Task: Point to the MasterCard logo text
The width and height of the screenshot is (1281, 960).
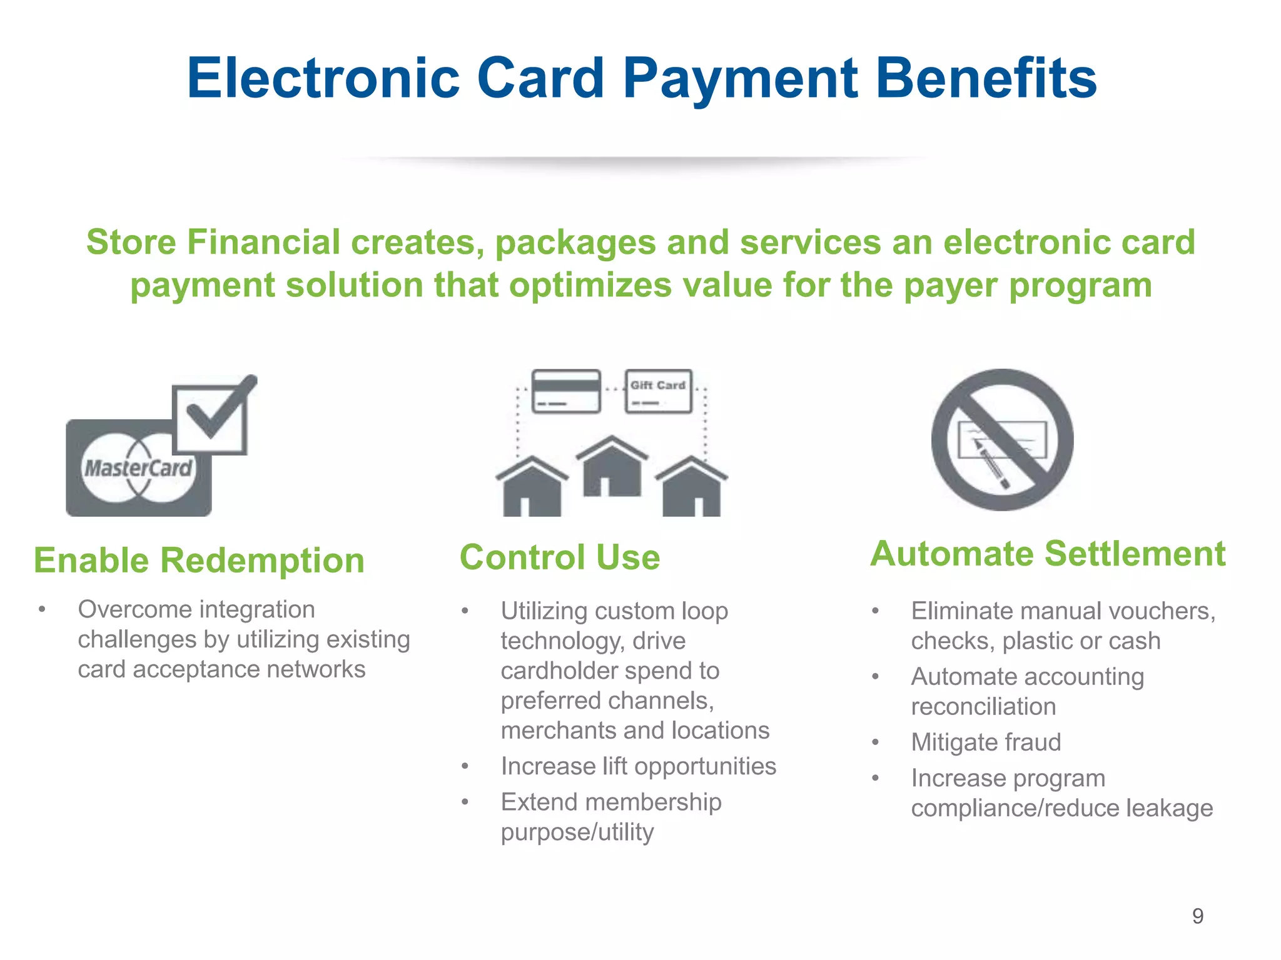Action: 138,468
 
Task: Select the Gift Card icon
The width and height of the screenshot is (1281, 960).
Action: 658,391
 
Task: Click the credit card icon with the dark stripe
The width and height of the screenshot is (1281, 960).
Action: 566,391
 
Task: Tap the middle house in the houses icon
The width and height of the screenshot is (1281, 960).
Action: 612,467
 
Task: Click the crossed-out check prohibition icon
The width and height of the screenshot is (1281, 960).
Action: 1002,440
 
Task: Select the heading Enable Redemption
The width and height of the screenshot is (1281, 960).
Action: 199,560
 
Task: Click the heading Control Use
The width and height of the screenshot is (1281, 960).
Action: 560,557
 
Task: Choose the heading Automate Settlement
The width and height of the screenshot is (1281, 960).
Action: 1048,554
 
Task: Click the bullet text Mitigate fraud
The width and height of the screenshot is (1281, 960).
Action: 986,742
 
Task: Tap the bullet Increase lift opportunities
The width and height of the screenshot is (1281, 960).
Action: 638,766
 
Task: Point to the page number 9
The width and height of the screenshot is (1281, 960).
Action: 1197,916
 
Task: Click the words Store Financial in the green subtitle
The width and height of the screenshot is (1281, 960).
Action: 213,242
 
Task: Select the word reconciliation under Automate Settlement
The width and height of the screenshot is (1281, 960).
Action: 983,707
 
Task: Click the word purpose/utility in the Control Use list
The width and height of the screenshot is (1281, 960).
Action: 577,832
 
